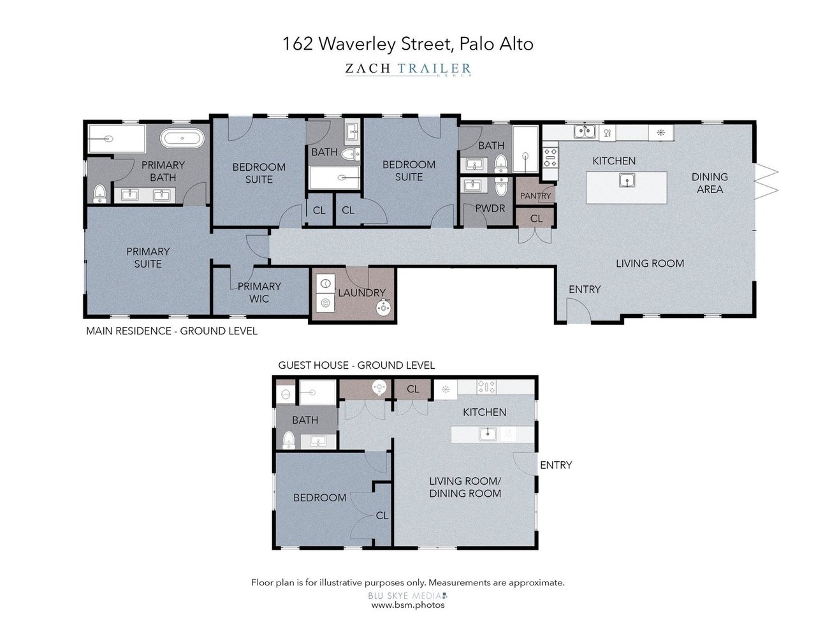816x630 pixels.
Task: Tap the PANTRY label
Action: pos(535,196)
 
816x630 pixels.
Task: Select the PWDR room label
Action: pos(490,208)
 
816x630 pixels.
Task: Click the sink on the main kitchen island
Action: pos(627,182)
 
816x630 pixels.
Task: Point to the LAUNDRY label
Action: pos(361,293)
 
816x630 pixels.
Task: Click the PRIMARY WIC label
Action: pos(259,292)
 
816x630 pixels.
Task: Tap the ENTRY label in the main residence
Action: pos(585,289)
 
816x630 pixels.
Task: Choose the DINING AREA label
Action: pos(710,183)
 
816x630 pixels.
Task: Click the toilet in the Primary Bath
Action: pos(99,192)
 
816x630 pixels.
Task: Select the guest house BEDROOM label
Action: pos(319,498)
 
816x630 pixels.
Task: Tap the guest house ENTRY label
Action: pos(556,465)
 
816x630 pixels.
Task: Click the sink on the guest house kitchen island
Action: pos(488,434)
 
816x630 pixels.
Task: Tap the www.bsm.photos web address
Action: pos(408,605)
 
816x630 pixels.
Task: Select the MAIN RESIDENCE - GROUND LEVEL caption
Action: pos(171,331)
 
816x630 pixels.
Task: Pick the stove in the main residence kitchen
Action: pos(550,157)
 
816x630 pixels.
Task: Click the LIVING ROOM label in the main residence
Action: pos(650,263)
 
